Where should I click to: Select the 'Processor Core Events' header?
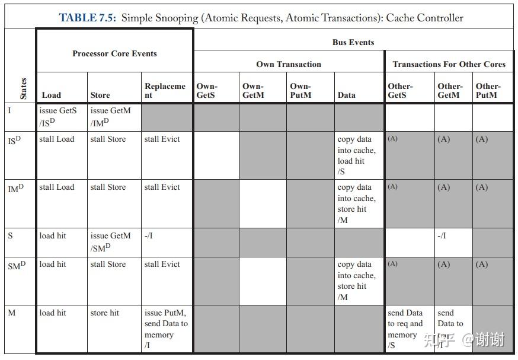point(114,53)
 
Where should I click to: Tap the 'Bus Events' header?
point(353,42)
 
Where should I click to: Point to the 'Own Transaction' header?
point(289,64)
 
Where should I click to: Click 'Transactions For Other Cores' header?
point(449,64)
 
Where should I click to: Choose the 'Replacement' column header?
point(165,90)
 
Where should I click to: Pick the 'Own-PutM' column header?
point(300,90)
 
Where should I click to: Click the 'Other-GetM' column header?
point(450,90)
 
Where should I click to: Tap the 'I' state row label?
point(9,110)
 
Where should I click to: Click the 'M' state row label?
point(12,313)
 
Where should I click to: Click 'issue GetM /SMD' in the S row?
point(110,241)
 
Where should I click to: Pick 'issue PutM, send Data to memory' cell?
point(166,329)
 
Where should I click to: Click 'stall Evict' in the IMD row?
point(162,187)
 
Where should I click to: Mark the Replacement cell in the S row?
point(149,235)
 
